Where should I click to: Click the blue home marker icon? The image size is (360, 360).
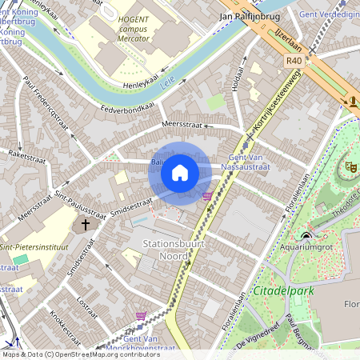[x=180, y=173]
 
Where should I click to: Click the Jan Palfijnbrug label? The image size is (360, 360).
[x=248, y=15]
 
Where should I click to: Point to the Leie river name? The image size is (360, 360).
[x=167, y=82]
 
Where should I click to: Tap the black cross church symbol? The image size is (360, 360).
[x=86, y=226]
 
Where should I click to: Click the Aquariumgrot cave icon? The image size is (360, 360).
[x=306, y=235]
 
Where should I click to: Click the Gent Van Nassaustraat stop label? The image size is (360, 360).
[x=249, y=163]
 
